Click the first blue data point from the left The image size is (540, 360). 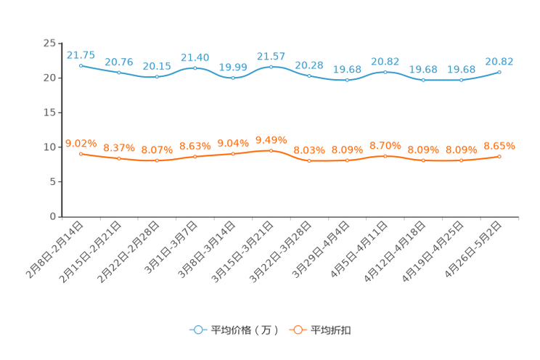81,65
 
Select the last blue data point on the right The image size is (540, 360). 499,72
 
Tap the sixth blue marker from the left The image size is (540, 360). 271,67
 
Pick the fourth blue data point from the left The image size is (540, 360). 195,68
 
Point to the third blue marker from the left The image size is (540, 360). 157,76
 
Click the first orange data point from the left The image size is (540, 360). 81,154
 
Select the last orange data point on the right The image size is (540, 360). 499,156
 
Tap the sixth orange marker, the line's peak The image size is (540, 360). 271,150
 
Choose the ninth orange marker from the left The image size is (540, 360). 385,156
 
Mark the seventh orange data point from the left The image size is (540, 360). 309,160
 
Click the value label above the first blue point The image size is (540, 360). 81,54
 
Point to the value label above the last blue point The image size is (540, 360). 499,62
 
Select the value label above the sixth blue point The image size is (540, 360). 271,56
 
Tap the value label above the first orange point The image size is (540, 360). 81,143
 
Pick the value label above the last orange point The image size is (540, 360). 499,146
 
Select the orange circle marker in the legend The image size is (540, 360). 297,330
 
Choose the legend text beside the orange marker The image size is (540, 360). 332,330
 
